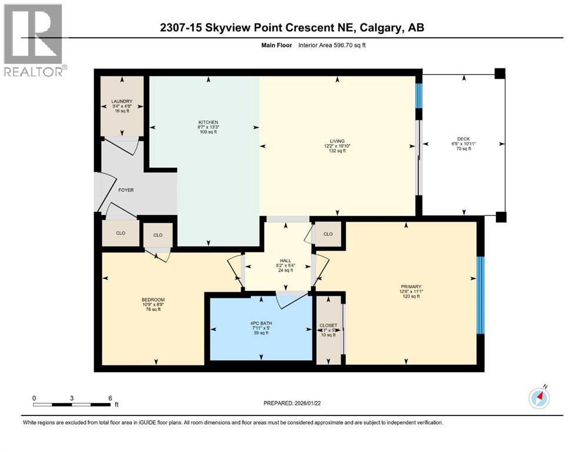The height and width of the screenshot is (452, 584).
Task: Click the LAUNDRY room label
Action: (x=122, y=101)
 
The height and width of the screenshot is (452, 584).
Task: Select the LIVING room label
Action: (x=337, y=141)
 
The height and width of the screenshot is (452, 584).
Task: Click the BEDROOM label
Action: (x=153, y=300)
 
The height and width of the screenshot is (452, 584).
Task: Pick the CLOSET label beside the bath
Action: (x=328, y=325)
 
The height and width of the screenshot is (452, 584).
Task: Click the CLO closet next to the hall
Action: (x=328, y=234)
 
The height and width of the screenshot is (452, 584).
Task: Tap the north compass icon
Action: (x=539, y=398)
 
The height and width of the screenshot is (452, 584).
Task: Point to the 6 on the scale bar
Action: (x=110, y=398)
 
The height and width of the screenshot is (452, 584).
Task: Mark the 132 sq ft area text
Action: (x=337, y=151)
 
